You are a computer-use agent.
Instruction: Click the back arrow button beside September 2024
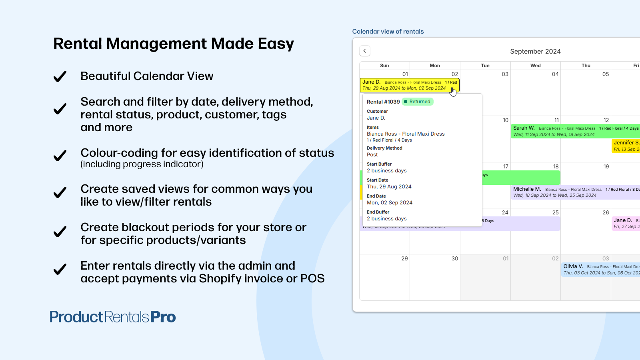click(365, 51)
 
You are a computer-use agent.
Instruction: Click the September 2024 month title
click(535, 51)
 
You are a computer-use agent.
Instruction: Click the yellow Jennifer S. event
click(626, 146)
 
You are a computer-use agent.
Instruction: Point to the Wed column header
click(535, 66)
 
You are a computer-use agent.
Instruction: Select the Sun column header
click(384, 66)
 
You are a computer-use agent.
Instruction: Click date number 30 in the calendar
click(454, 259)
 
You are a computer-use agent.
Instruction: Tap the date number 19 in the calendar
click(606, 167)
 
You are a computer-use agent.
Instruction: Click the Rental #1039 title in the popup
click(383, 102)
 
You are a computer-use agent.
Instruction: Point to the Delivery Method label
click(384, 148)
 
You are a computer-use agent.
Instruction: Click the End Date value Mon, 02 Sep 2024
click(389, 203)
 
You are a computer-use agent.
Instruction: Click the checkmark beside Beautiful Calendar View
click(60, 76)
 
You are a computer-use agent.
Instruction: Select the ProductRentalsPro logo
click(112, 317)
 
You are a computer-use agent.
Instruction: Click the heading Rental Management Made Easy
click(173, 44)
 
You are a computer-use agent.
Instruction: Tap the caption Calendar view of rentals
click(388, 32)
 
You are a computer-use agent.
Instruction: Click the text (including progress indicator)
click(142, 164)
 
